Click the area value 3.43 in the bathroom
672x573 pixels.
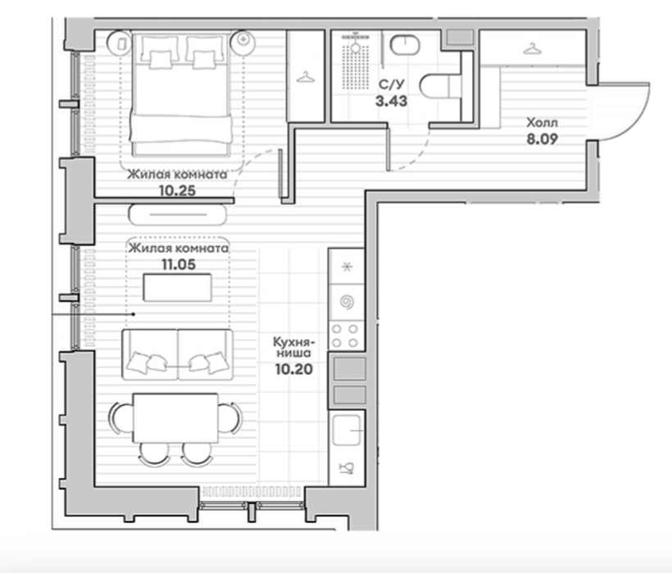(391, 102)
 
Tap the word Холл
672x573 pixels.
(542, 123)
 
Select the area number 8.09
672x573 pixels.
(542, 139)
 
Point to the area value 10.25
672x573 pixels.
(178, 191)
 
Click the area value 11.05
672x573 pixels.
(179, 264)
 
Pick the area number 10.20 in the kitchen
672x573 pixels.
(294, 369)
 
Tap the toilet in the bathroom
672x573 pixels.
(441, 88)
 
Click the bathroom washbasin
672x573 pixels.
(405, 45)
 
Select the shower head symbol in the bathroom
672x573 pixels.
(356, 46)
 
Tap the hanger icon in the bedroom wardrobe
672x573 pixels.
(306, 77)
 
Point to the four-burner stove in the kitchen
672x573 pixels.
(346, 336)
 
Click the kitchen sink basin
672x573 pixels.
(347, 430)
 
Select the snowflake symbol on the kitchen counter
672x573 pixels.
(347, 267)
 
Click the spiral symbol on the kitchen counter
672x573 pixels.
(347, 302)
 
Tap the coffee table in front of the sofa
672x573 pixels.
(178, 287)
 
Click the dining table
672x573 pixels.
(175, 418)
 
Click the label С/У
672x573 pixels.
(391, 84)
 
